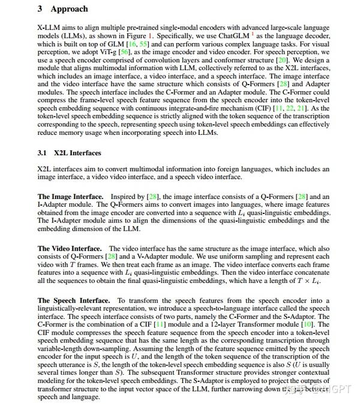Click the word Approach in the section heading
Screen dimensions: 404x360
point(69,9)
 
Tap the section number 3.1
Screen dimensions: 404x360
point(43,153)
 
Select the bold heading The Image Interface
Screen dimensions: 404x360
point(70,197)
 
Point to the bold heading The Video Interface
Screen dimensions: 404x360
point(70,248)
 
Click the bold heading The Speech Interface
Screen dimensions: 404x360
point(74,300)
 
